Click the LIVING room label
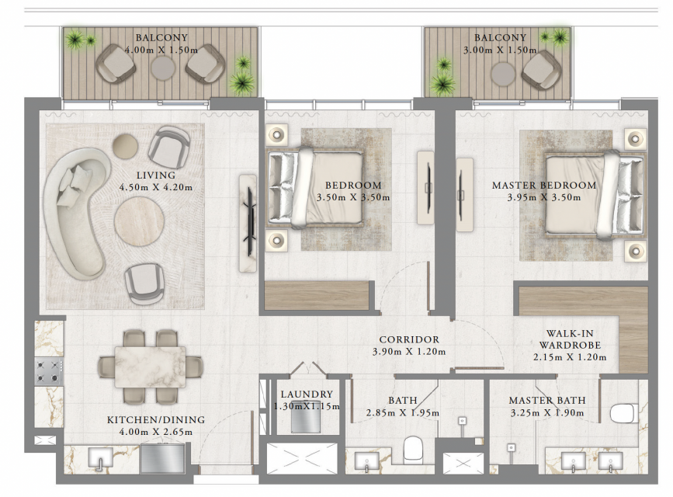click(156, 176)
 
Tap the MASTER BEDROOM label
click(544, 185)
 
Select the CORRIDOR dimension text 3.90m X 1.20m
click(409, 351)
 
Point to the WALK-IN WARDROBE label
click(570, 339)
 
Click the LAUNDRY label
click(307, 394)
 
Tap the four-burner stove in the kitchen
click(49, 371)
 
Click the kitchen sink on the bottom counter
click(100, 459)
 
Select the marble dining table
click(151, 367)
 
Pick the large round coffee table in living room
click(139, 222)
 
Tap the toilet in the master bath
click(622, 413)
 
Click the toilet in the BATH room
click(414, 449)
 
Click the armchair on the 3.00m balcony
click(541, 70)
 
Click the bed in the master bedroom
click(595, 194)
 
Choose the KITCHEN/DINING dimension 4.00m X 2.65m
click(156, 432)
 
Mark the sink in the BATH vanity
click(367, 462)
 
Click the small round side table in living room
click(125, 146)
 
